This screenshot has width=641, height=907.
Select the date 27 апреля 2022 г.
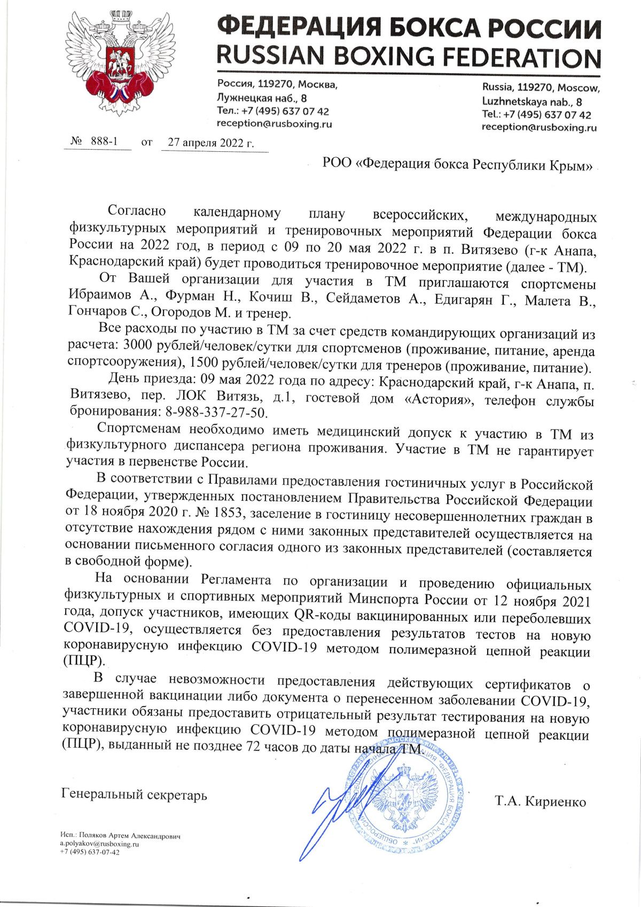[x=210, y=143]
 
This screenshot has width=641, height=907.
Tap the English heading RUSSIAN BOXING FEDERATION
[x=409, y=57]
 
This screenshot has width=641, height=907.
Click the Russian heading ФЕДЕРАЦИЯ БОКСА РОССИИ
[x=409, y=27]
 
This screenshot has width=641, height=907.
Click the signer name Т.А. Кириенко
[x=541, y=801]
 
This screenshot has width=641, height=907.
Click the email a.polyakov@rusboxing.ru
[x=99, y=844]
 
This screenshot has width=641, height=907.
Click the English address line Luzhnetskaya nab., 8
[x=531, y=102]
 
